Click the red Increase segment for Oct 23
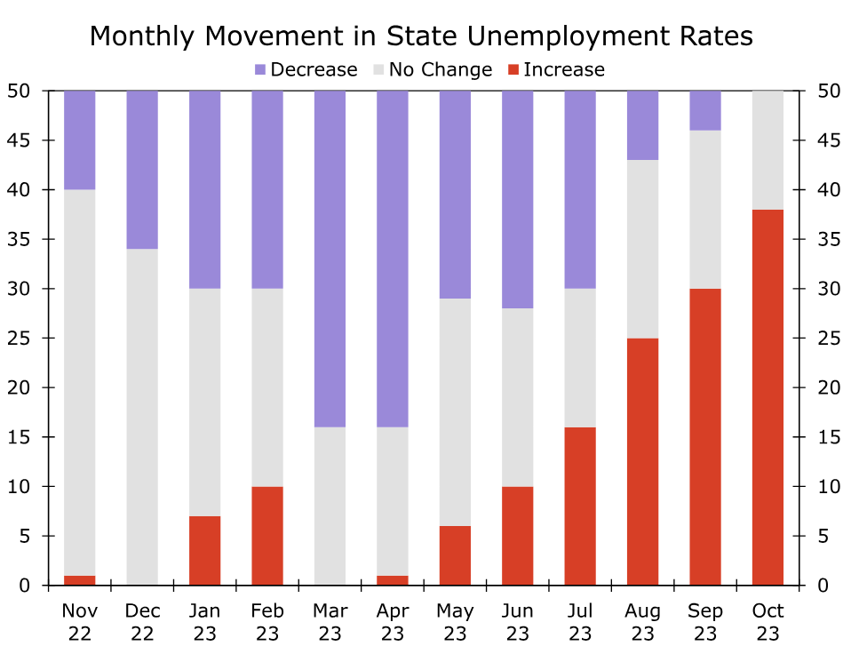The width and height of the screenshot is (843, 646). [767, 397]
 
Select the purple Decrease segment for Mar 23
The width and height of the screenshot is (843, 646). [330, 259]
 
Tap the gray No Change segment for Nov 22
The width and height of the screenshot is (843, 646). [80, 382]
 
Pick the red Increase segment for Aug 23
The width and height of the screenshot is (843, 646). [643, 461]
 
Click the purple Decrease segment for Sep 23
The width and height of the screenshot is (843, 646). [705, 110]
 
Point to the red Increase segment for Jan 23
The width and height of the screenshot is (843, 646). [205, 550]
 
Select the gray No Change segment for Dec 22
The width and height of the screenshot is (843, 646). [142, 417]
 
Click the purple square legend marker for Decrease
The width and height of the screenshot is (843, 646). [260, 69]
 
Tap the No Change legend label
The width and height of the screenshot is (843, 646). [440, 69]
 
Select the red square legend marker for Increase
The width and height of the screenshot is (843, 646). [513, 69]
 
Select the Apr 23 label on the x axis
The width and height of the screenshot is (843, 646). [393, 621]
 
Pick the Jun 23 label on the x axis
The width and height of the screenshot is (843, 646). [518, 621]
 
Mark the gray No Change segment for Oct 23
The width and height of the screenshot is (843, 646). [767, 150]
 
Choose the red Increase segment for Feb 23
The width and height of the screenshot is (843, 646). [267, 536]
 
